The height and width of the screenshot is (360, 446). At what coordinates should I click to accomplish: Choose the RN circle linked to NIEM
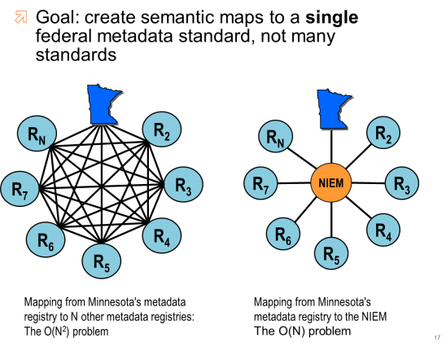click(x=278, y=138)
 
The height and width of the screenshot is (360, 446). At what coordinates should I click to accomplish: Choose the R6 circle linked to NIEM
click(x=282, y=235)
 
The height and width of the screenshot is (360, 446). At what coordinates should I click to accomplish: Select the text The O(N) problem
click(x=302, y=331)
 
